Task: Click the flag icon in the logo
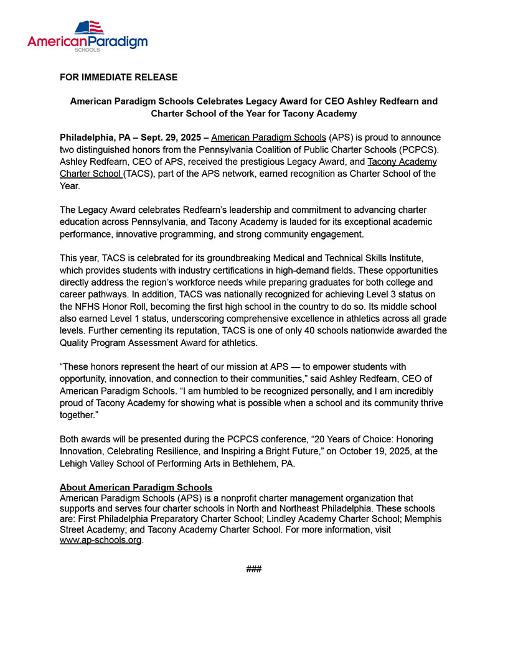click(88, 27)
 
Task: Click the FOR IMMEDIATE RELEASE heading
click(118, 77)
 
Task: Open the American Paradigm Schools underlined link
click(268, 137)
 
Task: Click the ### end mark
click(253, 569)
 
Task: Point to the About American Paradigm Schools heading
click(136, 488)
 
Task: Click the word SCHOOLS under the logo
click(88, 49)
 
